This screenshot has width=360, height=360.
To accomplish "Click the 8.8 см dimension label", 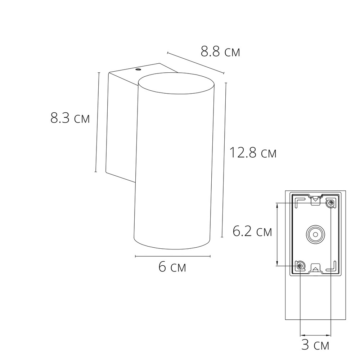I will pyautogui.click(x=220, y=52).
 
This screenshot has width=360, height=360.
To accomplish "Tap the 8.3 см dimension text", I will pyautogui.click(x=70, y=118).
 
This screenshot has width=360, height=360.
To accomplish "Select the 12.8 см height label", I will pyautogui.click(x=253, y=153).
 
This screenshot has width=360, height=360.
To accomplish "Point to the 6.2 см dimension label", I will pyautogui.click(x=252, y=231).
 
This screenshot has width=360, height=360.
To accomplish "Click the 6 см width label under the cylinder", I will pyautogui.click(x=172, y=267).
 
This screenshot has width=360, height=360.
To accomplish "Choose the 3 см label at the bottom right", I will pyautogui.click(x=315, y=345).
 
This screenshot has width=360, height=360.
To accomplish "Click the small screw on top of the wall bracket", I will pyautogui.click(x=138, y=69).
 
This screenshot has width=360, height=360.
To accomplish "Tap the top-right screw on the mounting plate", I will pyautogui.click(x=330, y=204).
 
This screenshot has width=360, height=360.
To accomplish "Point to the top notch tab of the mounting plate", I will pyautogui.click(x=315, y=199).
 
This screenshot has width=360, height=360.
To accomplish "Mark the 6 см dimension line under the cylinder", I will pyautogui.click(x=173, y=256).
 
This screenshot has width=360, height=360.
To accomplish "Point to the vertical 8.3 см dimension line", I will pyautogui.click(x=97, y=122).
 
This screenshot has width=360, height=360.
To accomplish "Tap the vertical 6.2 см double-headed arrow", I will pyautogui.click(x=277, y=234).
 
